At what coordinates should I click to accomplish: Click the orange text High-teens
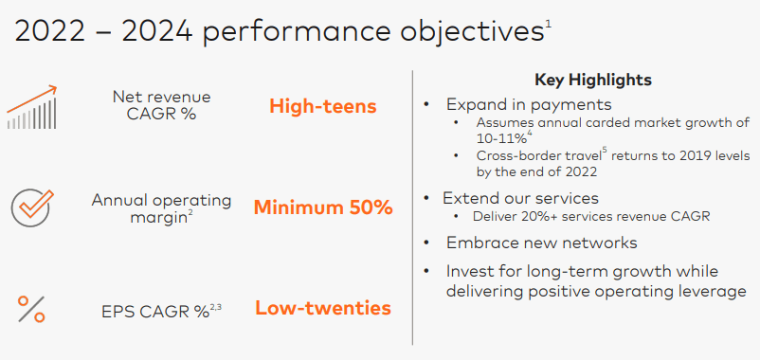[323, 107]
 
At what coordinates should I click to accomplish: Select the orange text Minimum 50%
[323, 207]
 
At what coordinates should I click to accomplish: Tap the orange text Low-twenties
[323, 308]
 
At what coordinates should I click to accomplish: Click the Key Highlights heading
[593, 80]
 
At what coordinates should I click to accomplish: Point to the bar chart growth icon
[32, 107]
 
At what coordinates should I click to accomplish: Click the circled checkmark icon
[31, 207]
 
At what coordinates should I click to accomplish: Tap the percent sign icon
[31, 309]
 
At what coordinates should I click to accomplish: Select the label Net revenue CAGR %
[161, 105]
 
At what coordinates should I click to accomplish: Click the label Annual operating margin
[161, 208]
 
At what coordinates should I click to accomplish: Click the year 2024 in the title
[157, 31]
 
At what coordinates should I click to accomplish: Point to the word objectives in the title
[471, 32]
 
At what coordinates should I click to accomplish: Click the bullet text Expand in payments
[529, 104]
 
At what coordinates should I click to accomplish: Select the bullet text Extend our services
[520, 198]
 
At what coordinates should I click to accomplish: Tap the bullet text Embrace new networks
[541, 243]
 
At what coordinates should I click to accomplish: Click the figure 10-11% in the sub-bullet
[501, 138]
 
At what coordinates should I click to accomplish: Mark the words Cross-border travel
[538, 156]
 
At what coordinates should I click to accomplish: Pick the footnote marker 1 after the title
[548, 25]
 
